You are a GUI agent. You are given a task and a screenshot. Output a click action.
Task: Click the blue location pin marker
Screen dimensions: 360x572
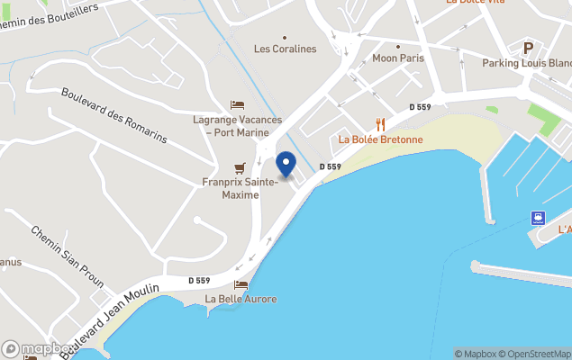pyautogui.click(x=286, y=165)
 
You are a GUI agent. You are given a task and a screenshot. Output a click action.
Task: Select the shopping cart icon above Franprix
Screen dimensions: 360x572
pyautogui.click(x=240, y=168)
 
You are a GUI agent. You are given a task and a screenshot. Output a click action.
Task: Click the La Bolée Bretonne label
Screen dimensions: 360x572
pyautogui.click(x=381, y=139)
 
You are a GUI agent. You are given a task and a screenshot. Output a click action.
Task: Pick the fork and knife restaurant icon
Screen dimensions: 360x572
pyautogui.click(x=381, y=124)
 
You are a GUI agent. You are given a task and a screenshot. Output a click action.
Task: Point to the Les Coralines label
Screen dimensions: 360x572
pyautogui.click(x=286, y=49)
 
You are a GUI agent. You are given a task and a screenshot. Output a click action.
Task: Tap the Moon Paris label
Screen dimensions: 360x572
pyautogui.click(x=397, y=58)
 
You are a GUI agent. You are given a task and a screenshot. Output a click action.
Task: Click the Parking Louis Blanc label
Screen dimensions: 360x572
pyautogui.click(x=527, y=63)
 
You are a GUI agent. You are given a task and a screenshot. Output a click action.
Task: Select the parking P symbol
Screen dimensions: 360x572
pyautogui.click(x=529, y=48)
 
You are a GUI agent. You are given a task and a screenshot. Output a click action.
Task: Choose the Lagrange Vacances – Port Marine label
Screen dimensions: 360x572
pyautogui.click(x=238, y=126)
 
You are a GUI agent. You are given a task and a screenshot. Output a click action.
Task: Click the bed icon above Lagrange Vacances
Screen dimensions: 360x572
pyautogui.click(x=238, y=106)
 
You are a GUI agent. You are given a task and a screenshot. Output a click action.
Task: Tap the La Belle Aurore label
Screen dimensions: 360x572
pyautogui.click(x=241, y=299)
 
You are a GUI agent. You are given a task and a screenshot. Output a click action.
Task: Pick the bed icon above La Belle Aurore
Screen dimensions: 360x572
pyautogui.click(x=241, y=284)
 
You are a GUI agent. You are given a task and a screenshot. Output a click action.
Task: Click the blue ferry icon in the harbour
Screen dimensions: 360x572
pyautogui.click(x=539, y=217)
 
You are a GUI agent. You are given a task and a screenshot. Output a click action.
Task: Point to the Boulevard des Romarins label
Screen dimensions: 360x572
pyautogui.click(x=113, y=115)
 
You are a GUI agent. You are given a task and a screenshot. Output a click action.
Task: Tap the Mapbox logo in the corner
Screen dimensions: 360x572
pyautogui.click(x=38, y=349)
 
